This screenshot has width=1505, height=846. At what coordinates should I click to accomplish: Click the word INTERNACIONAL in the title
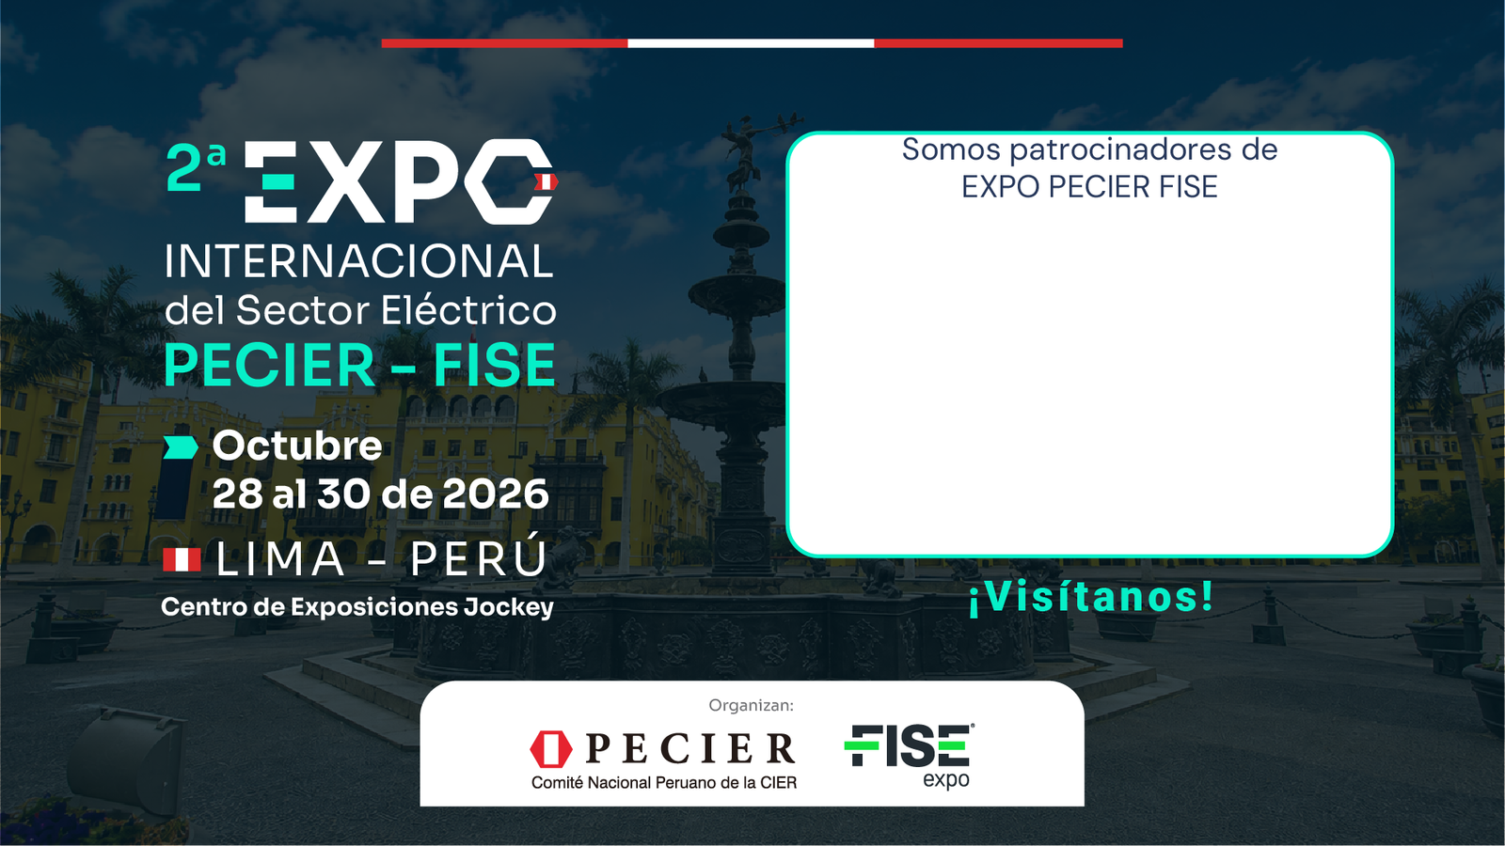(x=358, y=261)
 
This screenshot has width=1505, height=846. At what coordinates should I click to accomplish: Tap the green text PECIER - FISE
(x=359, y=366)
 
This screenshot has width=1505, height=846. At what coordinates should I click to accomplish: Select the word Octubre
(x=297, y=446)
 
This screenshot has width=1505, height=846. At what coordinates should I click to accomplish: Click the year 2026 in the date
(x=496, y=494)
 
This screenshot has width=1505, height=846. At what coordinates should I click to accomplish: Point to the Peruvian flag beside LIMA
(x=182, y=559)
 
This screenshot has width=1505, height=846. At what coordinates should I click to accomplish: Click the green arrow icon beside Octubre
(x=181, y=447)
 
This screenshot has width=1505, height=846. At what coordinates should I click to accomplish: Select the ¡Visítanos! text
(x=1091, y=596)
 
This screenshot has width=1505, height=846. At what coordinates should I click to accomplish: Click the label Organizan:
(x=752, y=705)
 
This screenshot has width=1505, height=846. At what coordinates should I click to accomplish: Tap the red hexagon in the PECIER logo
(x=551, y=749)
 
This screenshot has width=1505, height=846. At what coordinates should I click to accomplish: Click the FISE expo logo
(x=910, y=756)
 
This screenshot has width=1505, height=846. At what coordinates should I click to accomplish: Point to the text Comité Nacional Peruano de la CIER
(x=664, y=783)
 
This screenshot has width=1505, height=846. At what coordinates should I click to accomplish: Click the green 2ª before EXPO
(x=196, y=167)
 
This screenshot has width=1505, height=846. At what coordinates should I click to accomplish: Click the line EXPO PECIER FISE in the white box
(x=1089, y=187)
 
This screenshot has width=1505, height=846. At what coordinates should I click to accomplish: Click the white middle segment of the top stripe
(x=752, y=43)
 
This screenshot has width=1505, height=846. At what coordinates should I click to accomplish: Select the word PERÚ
(x=479, y=556)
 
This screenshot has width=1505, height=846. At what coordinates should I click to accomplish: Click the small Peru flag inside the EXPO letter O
(x=545, y=182)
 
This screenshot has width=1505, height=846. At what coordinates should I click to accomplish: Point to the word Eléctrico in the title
(x=468, y=309)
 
